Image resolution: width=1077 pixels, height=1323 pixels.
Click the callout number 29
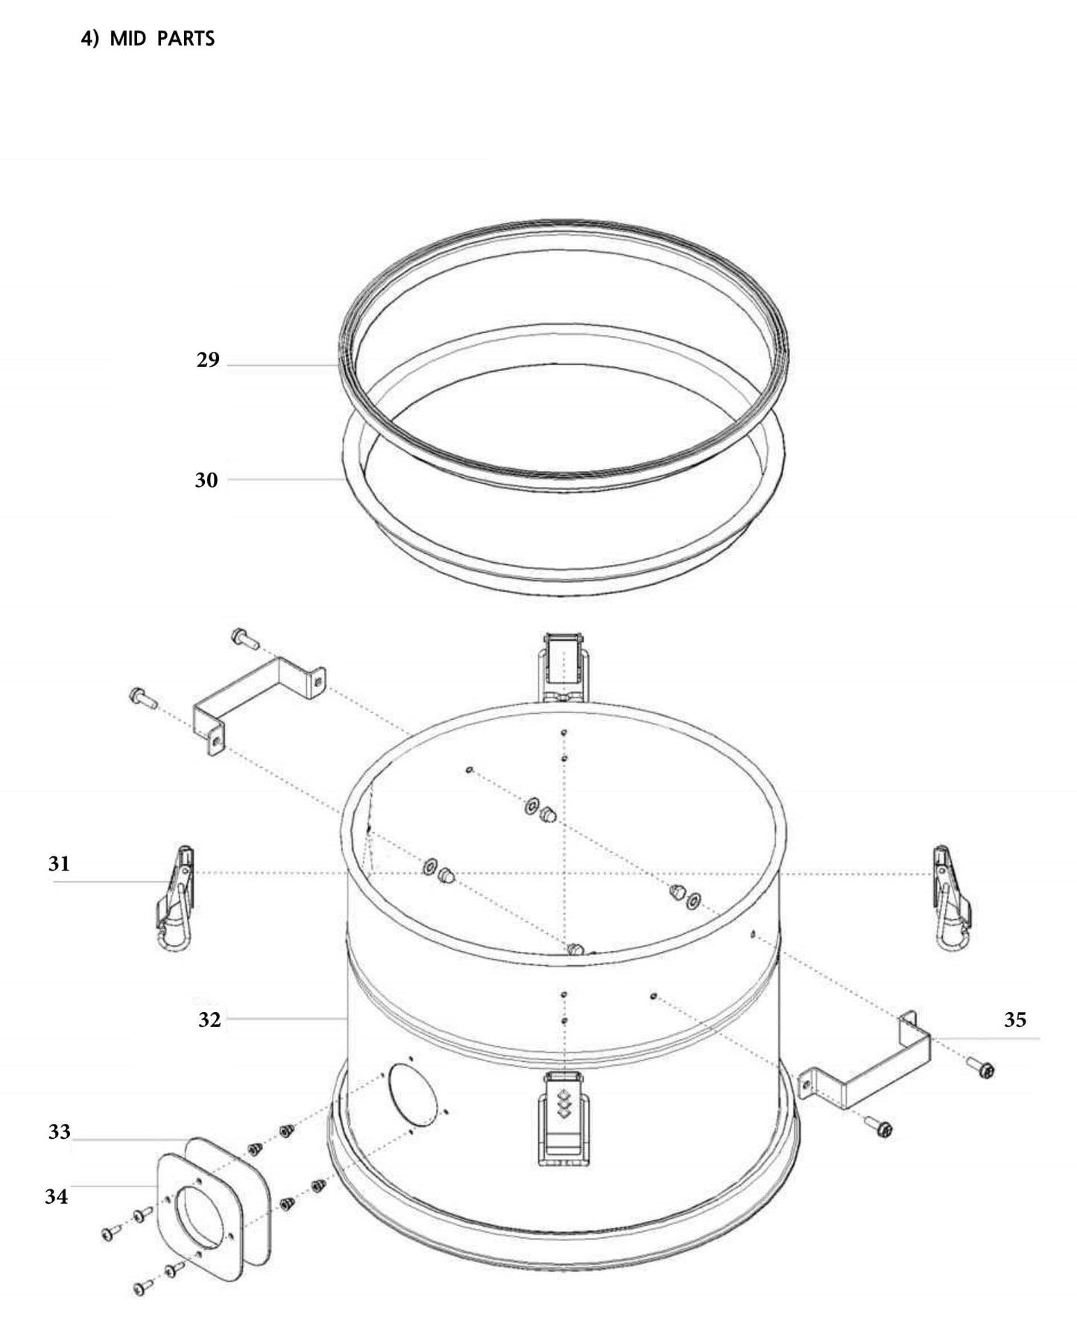pos(208,360)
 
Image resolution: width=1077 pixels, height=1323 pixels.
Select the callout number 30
pos(206,480)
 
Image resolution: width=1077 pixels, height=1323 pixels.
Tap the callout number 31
pos(59,864)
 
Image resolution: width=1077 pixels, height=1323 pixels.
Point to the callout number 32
pos(209,1020)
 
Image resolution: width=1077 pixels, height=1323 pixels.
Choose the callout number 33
pos(59,1131)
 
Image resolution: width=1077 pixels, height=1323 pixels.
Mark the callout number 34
pos(56,1196)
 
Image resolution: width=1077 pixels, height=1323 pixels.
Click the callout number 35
pos(1014,1020)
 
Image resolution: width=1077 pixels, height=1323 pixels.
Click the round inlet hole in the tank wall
pos(412,1093)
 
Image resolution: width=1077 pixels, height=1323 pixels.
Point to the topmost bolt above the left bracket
pos(244,637)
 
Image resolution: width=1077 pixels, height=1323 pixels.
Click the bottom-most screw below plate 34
pos(142,1288)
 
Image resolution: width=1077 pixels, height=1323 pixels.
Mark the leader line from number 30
pos(283,480)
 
